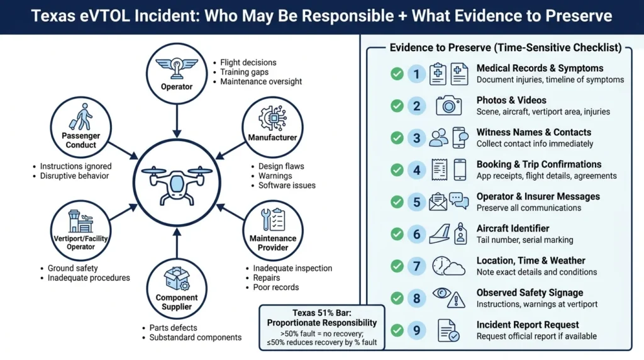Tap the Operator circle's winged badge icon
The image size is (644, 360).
point(177,67)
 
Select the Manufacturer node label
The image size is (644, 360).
point(272,137)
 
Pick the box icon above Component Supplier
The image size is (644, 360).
point(176,278)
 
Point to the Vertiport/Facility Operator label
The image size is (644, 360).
point(81,242)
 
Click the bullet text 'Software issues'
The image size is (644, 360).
point(287,186)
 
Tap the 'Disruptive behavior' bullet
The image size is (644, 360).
point(74,176)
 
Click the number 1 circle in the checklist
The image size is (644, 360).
point(416,74)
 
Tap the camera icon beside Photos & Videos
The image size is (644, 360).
point(448,105)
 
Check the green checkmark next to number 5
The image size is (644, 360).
point(397,202)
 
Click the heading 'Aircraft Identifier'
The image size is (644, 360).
point(513,228)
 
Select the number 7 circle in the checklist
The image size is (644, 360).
point(416,266)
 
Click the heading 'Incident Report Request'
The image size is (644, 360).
point(528,325)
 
